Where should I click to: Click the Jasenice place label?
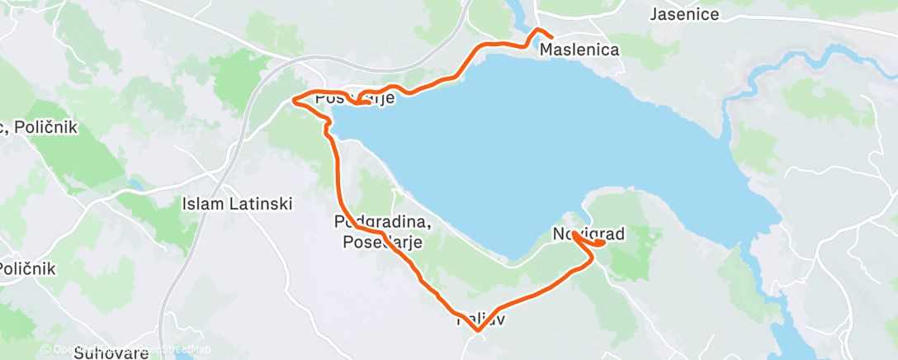(x=684, y=14)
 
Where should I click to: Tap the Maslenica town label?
(x=579, y=50)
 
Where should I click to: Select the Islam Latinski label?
(x=237, y=203)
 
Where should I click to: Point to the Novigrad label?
(x=588, y=234)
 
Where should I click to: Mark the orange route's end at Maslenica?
(x=551, y=36)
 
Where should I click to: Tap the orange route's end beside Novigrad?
(x=604, y=243)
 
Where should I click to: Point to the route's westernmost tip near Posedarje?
(x=294, y=102)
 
